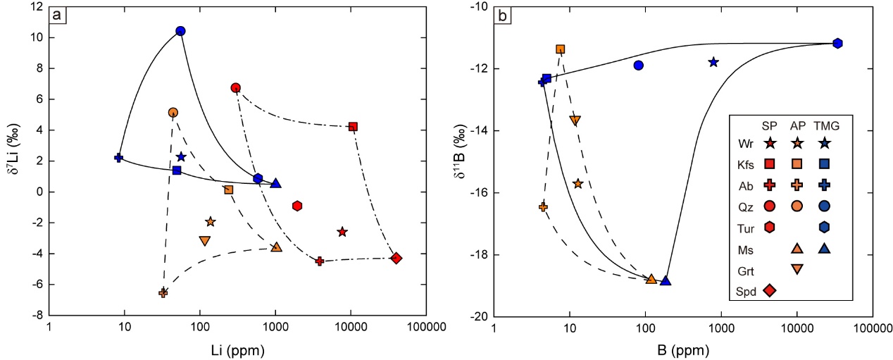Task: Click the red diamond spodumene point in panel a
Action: point(396,258)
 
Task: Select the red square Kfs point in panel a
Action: point(353,127)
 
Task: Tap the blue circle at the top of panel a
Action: point(180,31)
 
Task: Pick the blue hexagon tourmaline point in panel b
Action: point(837,43)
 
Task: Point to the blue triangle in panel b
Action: point(666,280)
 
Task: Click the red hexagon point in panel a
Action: point(297,206)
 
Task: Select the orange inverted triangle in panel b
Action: point(575,120)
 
